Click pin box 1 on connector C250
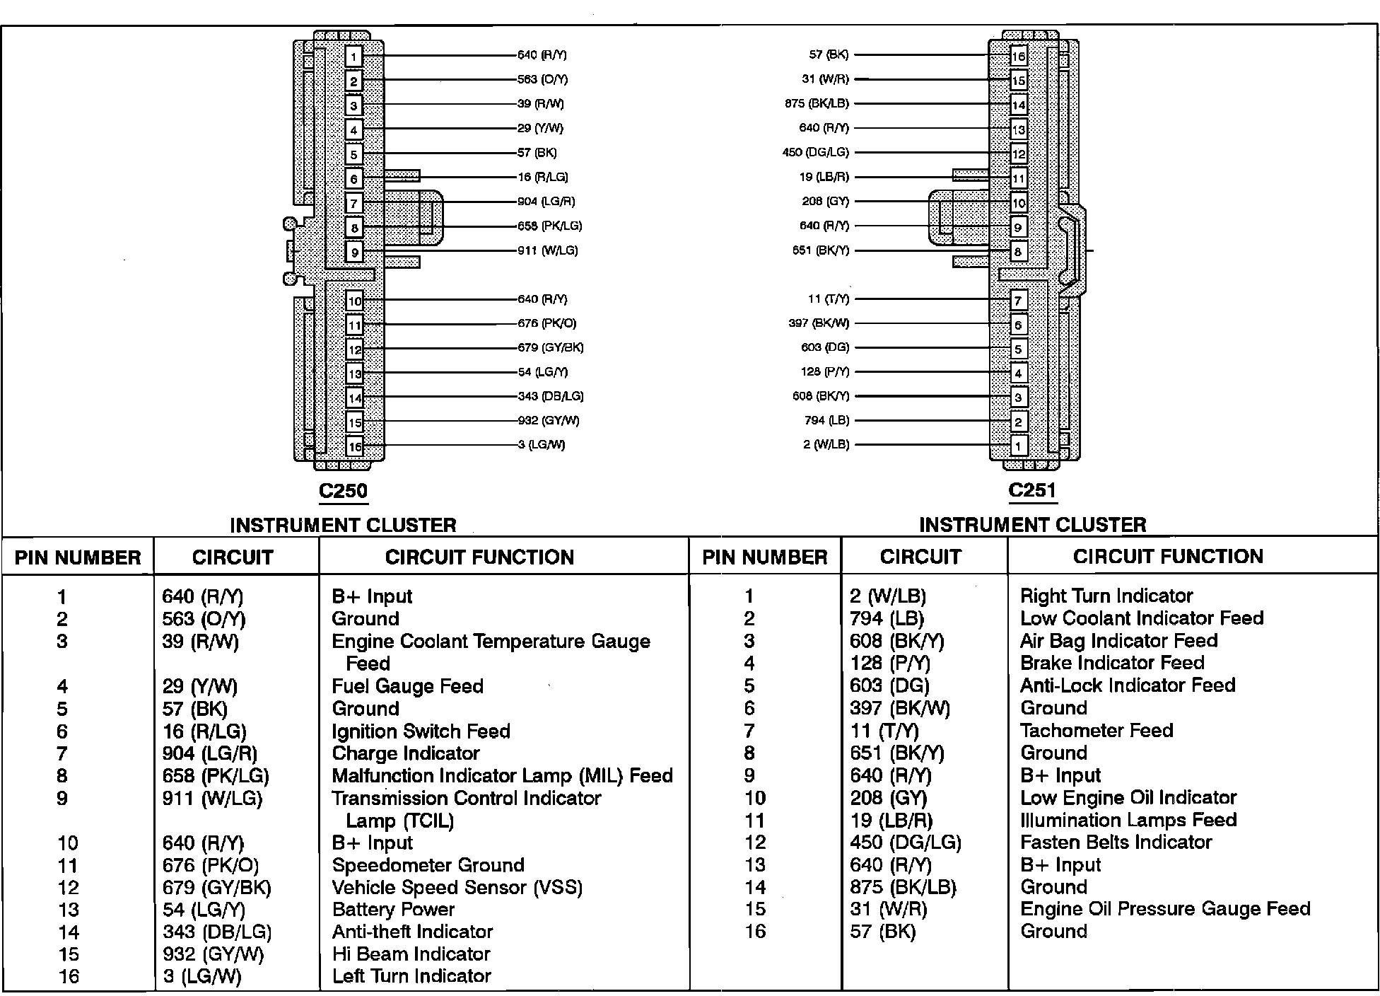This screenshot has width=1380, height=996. pos(354,57)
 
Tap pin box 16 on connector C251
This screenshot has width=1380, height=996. pos(1018,57)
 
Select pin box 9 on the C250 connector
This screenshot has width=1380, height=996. pos(354,252)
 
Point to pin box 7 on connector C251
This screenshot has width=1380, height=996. pos(1018,301)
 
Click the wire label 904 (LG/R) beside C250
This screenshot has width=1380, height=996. pos(546,202)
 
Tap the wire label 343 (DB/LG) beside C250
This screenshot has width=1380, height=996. pos(550,396)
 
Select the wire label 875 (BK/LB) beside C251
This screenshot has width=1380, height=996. pos(817,103)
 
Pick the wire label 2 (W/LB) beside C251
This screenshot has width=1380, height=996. pos(826,444)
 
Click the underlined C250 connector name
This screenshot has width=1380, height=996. pos(344,491)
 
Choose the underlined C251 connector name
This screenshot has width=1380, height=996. pos(1032,490)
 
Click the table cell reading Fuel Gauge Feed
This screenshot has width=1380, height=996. pos(407,686)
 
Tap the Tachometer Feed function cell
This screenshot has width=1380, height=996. pos(1096,730)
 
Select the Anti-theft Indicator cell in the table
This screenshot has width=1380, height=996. pos(412,932)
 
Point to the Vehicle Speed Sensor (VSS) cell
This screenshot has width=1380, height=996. pos(457,887)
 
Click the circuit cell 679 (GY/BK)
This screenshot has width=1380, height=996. pos(216,887)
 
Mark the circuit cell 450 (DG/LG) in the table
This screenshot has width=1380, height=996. pos(905,842)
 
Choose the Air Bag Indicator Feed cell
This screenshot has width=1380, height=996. pos(1118,641)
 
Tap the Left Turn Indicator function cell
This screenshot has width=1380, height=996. pos(411,976)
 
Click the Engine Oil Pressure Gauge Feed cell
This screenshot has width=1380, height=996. pos(1165,909)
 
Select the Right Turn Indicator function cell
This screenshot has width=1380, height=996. pos(1106,596)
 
